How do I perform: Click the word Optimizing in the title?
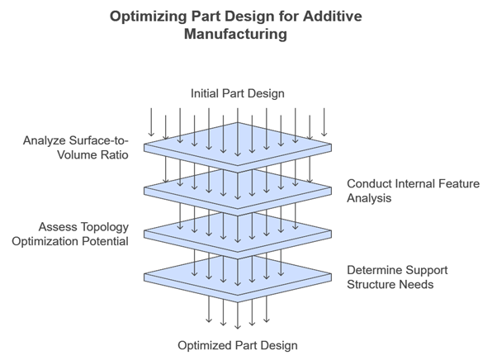click(153, 17)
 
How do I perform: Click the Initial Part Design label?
click(238, 93)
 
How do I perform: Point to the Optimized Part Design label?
click(238, 344)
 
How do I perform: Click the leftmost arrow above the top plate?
click(150, 121)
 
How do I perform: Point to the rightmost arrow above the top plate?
click(326, 121)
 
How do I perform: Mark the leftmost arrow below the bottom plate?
click(209, 309)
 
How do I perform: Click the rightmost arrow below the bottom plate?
click(267, 309)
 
